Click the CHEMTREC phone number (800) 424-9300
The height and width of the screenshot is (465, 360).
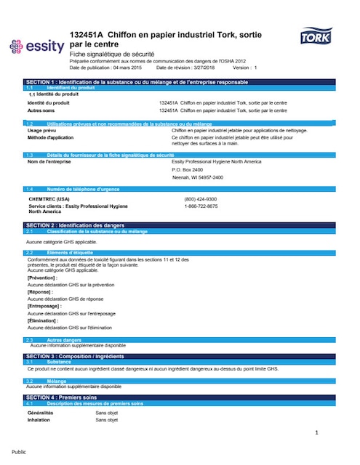(201, 198)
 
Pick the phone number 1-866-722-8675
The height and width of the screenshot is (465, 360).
(201, 206)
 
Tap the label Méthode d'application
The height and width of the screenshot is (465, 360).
(50, 137)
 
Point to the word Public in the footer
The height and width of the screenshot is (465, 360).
(19, 451)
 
